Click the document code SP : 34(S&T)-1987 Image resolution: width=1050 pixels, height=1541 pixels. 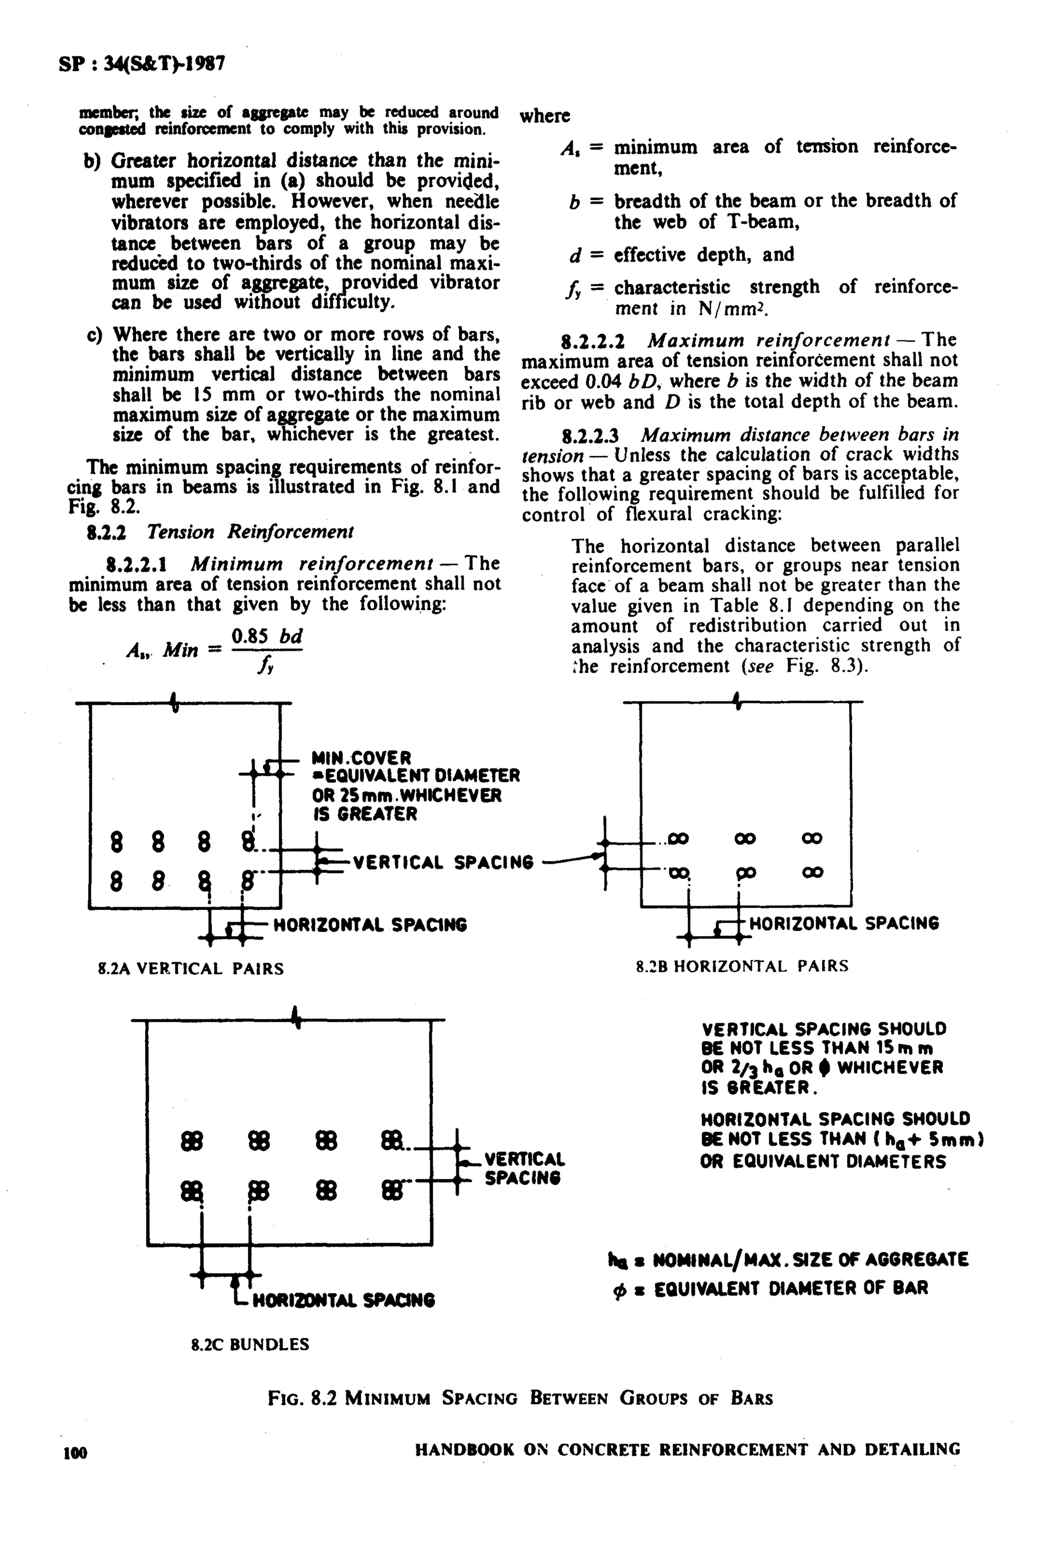[x=142, y=64]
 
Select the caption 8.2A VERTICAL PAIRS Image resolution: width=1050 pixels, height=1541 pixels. [x=191, y=969]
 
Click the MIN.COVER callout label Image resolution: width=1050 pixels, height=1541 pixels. [x=362, y=757]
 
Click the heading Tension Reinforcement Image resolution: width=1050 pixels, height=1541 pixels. [x=250, y=532]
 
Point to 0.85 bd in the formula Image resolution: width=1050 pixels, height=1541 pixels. [x=267, y=636]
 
